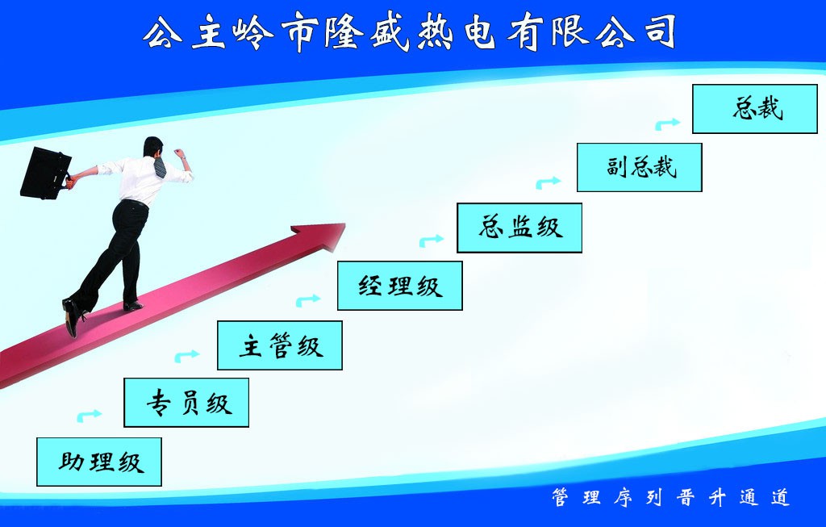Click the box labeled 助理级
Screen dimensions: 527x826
tap(99, 462)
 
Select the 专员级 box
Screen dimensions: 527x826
tap(186, 402)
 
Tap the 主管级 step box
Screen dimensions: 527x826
tap(280, 345)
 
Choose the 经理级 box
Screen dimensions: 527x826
tap(400, 286)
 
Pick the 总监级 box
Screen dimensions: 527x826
tap(519, 228)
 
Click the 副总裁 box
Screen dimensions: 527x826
tap(640, 167)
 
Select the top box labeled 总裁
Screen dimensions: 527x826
tap(755, 108)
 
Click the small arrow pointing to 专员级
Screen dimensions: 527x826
tap(90, 416)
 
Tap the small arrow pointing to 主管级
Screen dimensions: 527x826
tap(187, 355)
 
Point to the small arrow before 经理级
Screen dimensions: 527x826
tap(308, 300)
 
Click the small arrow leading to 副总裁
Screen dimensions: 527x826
tap(549, 182)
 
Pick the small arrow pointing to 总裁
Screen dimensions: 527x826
tap(667, 123)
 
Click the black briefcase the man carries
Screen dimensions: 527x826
tap(45, 173)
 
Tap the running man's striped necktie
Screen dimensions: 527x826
tap(160, 167)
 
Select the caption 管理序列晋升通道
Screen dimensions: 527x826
tap(670, 498)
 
